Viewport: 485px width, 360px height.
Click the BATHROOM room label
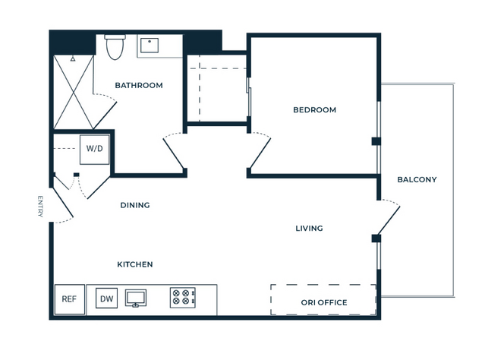click(x=139, y=85)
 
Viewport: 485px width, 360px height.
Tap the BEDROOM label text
click(x=314, y=110)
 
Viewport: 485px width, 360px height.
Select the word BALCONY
click(x=417, y=179)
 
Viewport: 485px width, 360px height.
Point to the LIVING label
click(x=310, y=229)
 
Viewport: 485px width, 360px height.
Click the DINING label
click(x=135, y=205)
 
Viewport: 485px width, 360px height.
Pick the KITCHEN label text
click(x=135, y=264)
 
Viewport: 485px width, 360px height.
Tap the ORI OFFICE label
click(x=324, y=302)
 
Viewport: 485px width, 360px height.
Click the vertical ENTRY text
click(x=40, y=207)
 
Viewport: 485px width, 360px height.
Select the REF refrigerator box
click(x=70, y=299)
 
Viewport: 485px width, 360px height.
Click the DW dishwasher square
click(x=107, y=298)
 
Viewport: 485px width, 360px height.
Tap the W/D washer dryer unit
click(x=95, y=149)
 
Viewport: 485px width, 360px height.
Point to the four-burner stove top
click(x=183, y=298)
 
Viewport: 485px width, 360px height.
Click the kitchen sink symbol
click(x=136, y=298)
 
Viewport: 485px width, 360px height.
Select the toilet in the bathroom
click(x=115, y=47)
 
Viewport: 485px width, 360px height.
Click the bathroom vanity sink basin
click(x=150, y=46)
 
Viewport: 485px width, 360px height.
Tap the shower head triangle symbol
click(x=73, y=58)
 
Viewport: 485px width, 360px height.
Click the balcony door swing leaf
click(x=389, y=220)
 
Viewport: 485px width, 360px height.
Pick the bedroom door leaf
click(x=260, y=153)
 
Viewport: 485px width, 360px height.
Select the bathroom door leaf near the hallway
click(x=174, y=154)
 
